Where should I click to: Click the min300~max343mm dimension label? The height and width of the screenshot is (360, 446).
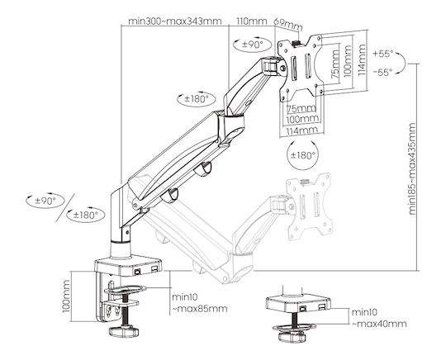pyautogui.click(x=174, y=21)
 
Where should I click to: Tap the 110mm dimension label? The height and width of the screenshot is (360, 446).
pyautogui.click(x=252, y=21)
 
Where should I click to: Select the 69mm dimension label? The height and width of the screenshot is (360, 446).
pyautogui.click(x=287, y=25)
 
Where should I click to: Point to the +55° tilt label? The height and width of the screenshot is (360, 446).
pyautogui.click(x=383, y=54)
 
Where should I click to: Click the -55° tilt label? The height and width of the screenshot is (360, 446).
pyautogui.click(x=383, y=72)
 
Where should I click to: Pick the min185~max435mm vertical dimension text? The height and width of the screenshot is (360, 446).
pyautogui.click(x=412, y=168)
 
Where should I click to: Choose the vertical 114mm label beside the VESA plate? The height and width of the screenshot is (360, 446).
pyautogui.click(x=362, y=59)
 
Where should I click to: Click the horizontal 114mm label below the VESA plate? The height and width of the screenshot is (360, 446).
pyautogui.click(x=301, y=130)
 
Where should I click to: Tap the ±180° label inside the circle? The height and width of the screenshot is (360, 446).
pyautogui.click(x=302, y=155)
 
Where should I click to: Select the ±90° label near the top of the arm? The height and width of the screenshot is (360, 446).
pyautogui.click(x=252, y=45)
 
